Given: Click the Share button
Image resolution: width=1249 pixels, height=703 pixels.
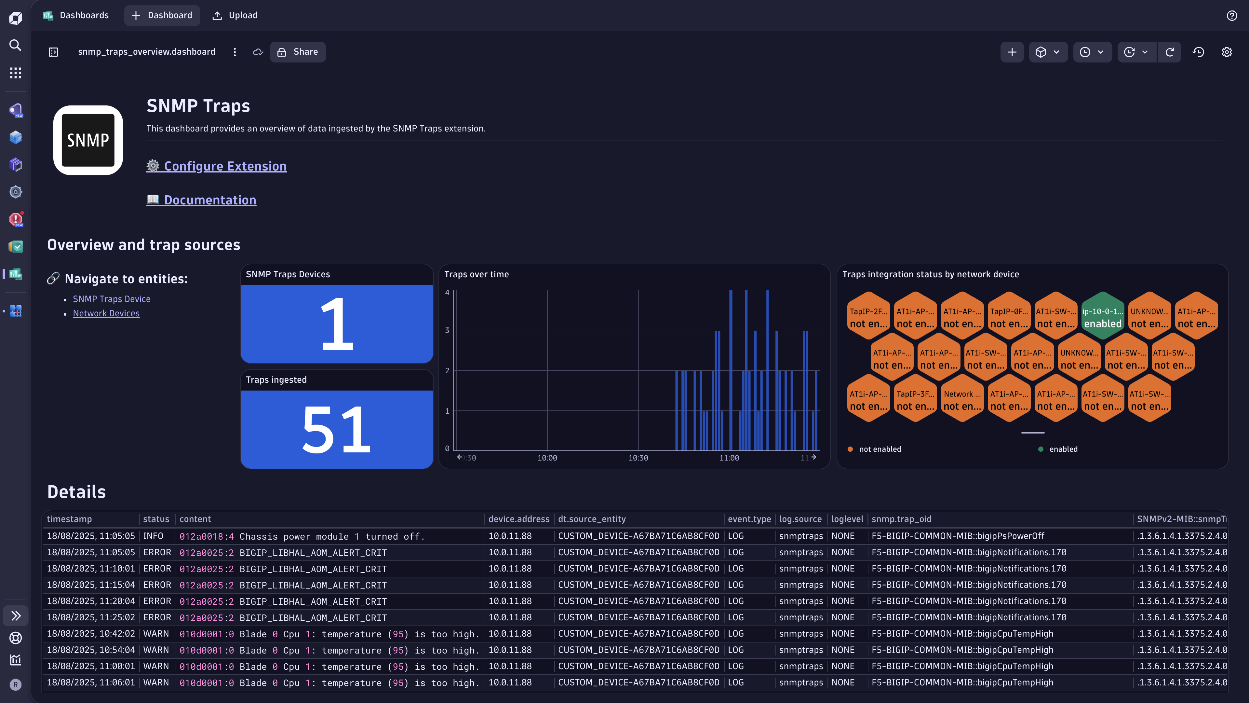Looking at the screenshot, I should coord(298,52).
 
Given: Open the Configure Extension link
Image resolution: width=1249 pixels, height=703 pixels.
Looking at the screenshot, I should coord(225,166).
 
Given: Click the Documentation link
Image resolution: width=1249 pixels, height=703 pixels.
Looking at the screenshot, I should coord(209,200).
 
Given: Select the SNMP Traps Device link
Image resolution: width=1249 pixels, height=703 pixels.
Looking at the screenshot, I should coord(112,299).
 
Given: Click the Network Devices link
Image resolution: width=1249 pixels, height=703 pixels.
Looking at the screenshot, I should coord(106,313).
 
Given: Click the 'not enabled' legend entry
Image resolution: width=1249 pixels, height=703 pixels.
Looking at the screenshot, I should coord(880,449).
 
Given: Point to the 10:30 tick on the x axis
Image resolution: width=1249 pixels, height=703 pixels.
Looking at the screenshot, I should coord(638,458).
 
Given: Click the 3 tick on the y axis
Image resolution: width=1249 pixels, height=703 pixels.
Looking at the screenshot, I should coord(447,330).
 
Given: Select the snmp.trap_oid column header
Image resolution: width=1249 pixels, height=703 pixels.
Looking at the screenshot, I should coord(901,519).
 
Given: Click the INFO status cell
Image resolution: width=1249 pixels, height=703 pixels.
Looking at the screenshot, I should coord(153,536).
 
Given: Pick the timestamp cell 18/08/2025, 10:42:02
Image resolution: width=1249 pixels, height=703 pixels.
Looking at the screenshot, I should coord(91,634).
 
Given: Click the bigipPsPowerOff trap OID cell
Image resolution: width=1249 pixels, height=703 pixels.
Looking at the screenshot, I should coord(958,536).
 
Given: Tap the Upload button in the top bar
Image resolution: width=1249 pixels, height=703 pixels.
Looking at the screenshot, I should coord(235,16).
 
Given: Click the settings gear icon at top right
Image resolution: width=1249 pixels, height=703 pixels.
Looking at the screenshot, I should coord(1226,52).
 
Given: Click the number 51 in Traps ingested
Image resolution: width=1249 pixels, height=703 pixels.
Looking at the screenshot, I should coord(337,429).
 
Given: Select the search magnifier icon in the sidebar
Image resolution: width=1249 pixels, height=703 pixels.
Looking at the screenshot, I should coord(16,46).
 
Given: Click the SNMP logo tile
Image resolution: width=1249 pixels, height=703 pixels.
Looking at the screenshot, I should coord(88,140).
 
